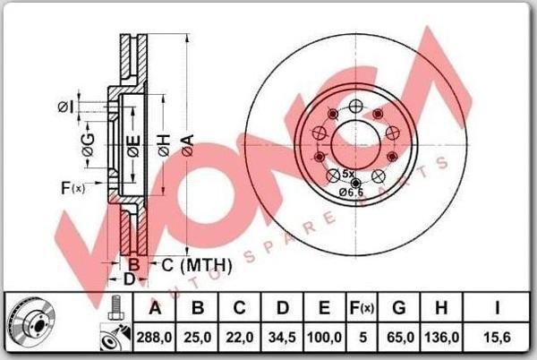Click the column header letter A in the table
(x=155, y=308)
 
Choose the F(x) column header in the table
(x=362, y=308)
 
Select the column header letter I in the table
(x=498, y=308)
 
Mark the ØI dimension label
(x=64, y=107)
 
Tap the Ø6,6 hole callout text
(x=350, y=191)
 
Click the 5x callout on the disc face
(x=349, y=174)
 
